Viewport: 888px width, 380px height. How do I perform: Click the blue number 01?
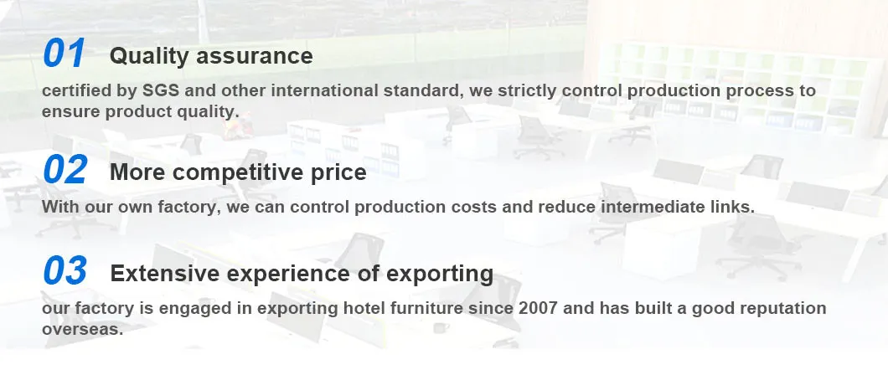[x=64, y=54]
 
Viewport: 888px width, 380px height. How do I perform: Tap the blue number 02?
[x=65, y=171]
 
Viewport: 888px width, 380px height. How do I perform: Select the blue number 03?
[x=65, y=271]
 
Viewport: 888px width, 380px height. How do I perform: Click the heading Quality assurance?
[x=211, y=56]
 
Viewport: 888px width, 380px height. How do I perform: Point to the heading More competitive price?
[x=238, y=172]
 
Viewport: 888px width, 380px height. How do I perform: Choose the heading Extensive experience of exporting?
[x=302, y=273]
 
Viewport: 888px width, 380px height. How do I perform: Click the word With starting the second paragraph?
[x=60, y=206]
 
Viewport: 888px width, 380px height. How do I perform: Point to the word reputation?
[x=780, y=308]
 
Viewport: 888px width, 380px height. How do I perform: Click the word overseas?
[x=82, y=329]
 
